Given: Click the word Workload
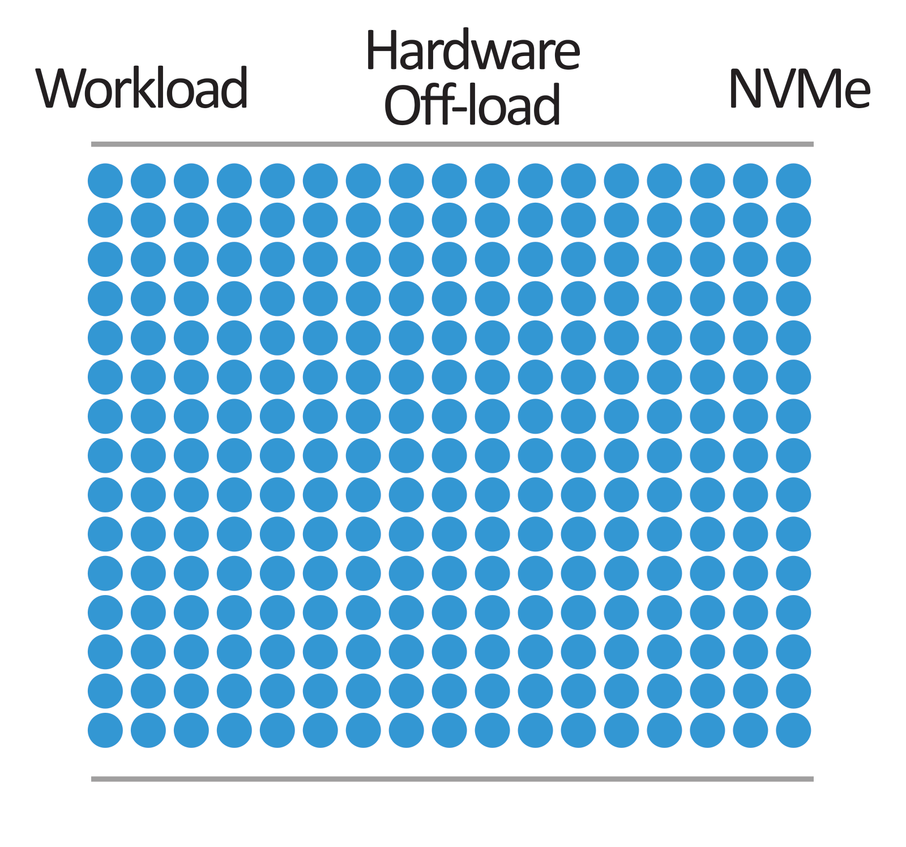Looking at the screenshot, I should click(142, 88).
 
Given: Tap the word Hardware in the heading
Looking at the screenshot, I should click(473, 51).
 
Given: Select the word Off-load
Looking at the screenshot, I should click(473, 105).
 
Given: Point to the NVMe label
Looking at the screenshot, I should click(800, 88).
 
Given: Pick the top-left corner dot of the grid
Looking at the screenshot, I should click(105, 181).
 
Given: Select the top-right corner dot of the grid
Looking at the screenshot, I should click(793, 181).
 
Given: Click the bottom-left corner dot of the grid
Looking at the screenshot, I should click(105, 730).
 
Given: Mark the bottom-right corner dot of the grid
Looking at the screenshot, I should click(793, 730).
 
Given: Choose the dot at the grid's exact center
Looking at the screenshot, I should click(450, 455).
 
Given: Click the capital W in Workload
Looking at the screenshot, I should click(60, 88).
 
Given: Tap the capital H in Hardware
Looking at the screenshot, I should click(382, 51).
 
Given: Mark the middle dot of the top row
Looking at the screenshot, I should click(450, 181).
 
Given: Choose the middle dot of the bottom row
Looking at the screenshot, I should click(450, 730).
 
